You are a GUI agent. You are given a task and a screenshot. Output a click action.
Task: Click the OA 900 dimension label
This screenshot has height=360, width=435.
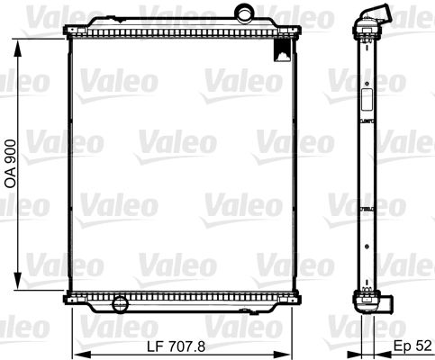tap(11, 164)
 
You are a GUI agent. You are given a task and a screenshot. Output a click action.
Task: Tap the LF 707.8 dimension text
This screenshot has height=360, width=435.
tap(177, 346)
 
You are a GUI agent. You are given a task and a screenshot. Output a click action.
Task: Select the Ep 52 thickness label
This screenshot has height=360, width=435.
tap(412, 346)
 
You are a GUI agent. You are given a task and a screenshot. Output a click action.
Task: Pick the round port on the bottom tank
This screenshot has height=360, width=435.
tap(121, 304)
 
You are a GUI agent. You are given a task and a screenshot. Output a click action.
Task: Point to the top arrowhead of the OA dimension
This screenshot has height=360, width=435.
tap(18, 48)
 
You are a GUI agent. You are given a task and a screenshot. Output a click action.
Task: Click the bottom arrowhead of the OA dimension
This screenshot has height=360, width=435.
tap(18, 281)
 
